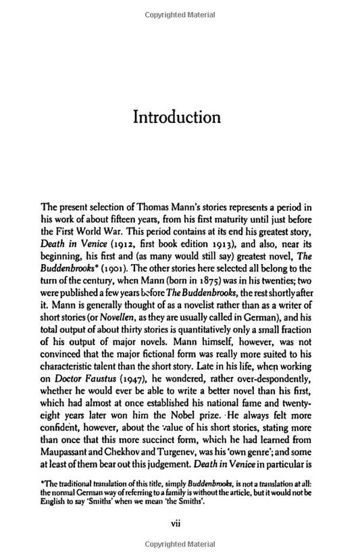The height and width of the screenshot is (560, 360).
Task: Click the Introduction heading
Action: (x=178, y=117)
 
